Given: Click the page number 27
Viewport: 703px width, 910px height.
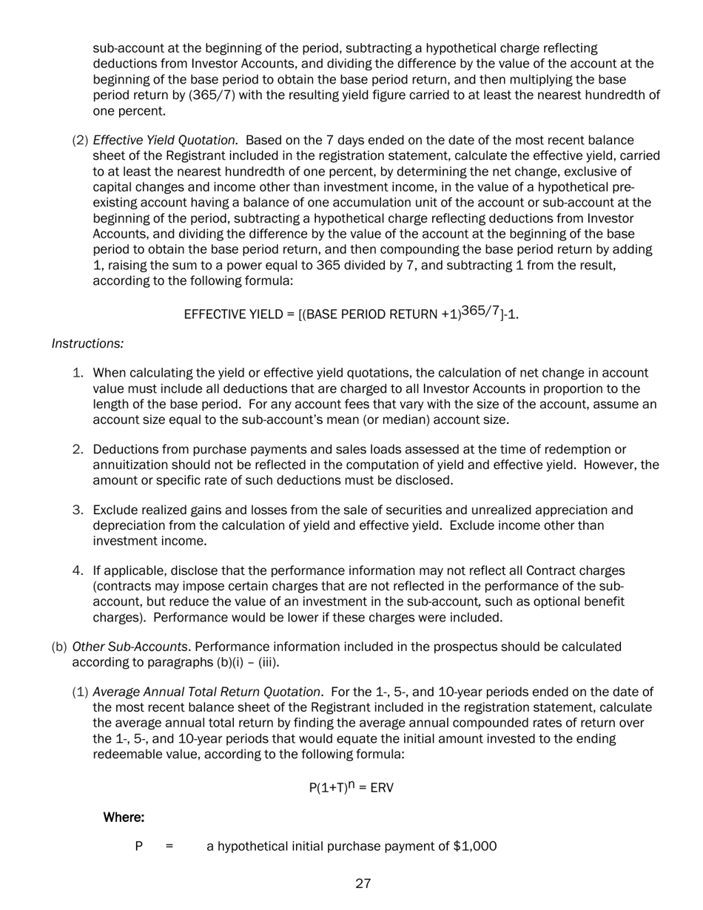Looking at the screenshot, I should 363,883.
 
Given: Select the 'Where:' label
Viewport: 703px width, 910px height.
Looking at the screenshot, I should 124,818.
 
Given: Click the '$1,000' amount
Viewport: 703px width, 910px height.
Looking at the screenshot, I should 474,846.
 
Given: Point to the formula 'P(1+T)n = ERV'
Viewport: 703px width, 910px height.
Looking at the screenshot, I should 351,787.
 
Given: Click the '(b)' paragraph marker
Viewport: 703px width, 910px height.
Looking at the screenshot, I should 59,647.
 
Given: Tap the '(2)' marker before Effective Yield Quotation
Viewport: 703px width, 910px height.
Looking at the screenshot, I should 80,140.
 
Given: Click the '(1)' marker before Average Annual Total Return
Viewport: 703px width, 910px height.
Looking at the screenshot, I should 80,692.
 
